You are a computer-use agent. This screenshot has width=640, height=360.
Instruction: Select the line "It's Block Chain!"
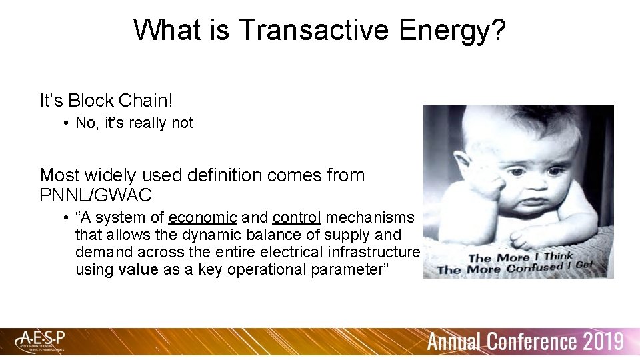(x=106, y=101)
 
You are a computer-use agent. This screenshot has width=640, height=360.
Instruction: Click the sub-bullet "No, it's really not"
(x=134, y=123)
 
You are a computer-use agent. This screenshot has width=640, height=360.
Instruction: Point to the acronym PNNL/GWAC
(x=96, y=195)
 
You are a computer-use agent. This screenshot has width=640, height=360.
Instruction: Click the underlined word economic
(x=203, y=218)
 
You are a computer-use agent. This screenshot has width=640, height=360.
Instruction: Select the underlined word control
(x=297, y=218)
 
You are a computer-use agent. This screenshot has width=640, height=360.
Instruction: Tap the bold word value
(x=139, y=269)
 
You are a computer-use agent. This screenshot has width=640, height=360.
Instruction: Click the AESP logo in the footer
(x=42, y=341)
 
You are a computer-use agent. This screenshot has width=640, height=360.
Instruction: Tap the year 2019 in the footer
(x=602, y=342)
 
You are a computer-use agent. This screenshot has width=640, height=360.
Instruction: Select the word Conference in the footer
(x=531, y=342)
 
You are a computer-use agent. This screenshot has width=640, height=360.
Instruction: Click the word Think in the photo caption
(x=558, y=256)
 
